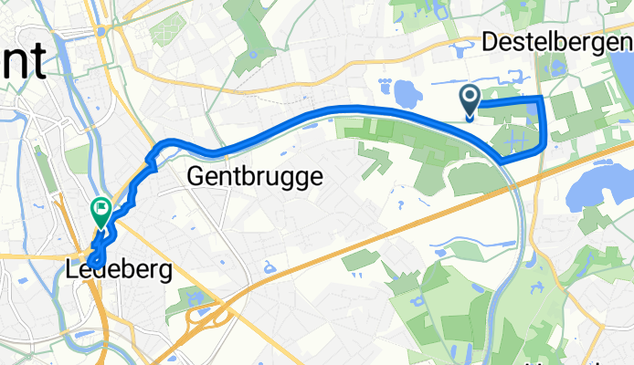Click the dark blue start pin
point(470,100)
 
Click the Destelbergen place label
point(556,42)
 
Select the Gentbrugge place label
point(255,176)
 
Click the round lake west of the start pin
point(406,92)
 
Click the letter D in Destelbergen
point(488,42)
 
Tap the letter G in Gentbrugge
point(194,177)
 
